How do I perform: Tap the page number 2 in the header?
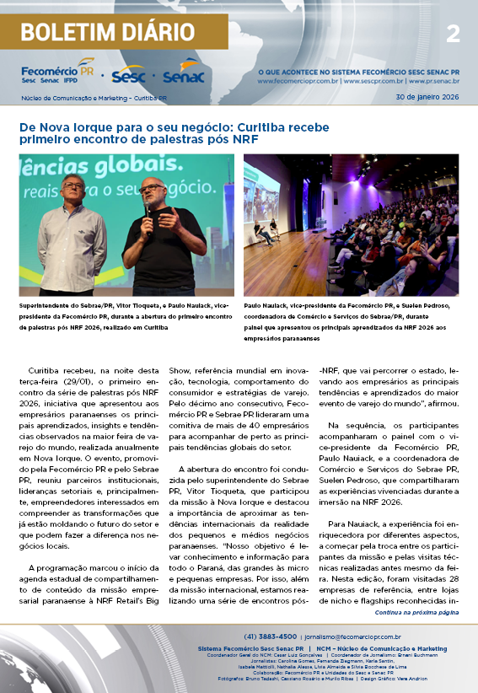click(x=453, y=34)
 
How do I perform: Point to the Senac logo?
click(x=183, y=76)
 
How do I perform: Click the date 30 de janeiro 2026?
click(x=427, y=98)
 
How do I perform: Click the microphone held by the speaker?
click(x=149, y=210)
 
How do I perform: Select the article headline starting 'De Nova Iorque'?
click(x=174, y=133)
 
